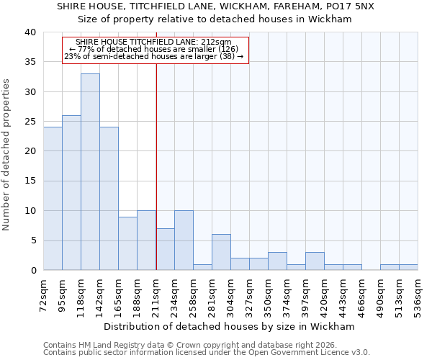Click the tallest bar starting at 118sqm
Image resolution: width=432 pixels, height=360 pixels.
[x=90, y=172]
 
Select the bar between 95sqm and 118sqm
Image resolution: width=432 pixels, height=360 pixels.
[x=71, y=193]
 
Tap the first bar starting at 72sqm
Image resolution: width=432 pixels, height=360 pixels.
[x=53, y=199]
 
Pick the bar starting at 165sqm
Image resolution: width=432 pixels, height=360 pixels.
[x=127, y=243]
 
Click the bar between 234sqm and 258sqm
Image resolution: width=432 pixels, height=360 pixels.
[x=184, y=240]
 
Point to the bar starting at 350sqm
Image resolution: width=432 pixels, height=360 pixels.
[x=277, y=261]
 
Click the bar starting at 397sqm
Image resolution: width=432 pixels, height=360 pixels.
[x=315, y=261]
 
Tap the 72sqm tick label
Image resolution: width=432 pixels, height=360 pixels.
[x=44, y=294]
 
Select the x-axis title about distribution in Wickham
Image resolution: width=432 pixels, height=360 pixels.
[x=229, y=326]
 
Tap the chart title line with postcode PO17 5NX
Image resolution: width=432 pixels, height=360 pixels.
[x=215, y=6]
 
